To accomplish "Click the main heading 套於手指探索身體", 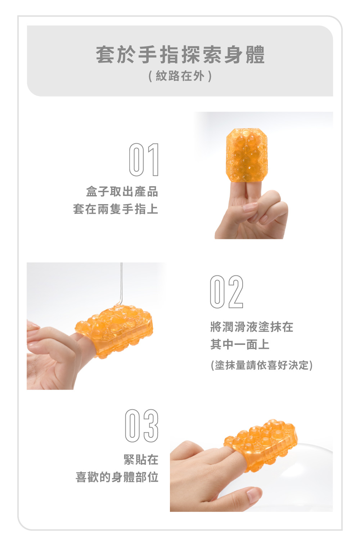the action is point(180,55).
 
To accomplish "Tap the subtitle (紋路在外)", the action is point(180,76).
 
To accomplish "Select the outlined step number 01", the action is point(144,159).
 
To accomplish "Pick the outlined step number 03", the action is point(142,426).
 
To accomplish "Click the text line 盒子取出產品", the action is point(122,192).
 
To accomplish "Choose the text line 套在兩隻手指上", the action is point(116,209).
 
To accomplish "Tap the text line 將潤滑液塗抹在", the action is point(252,327).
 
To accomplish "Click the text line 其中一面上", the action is point(240,344).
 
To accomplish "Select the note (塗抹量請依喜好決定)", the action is point(262,365).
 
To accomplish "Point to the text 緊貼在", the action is point(141,459).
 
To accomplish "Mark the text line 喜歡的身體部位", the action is point(117,477).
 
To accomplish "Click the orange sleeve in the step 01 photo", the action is point(247,155).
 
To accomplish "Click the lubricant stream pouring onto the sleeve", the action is point(121,284).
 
